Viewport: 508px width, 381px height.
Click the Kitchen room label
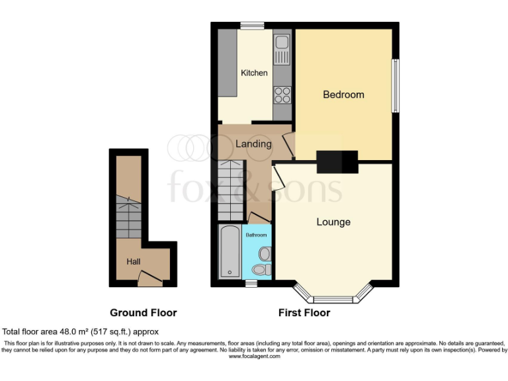(x=254, y=73)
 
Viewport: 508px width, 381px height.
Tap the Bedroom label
(x=343, y=95)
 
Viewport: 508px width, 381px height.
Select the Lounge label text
(x=333, y=222)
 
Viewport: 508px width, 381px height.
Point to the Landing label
(x=253, y=144)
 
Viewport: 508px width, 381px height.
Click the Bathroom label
(x=257, y=235)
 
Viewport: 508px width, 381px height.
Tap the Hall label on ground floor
(x=134, y=262)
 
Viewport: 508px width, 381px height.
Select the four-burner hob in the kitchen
(x=282, y=95)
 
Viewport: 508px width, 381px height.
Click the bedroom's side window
(x=396, y=86)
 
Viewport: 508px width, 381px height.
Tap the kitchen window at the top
(x=252, y=26)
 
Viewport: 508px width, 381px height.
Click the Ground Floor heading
(x=143, y=313)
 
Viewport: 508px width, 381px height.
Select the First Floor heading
(x=305, y=313)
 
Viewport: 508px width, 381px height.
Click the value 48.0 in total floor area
(x=70, y=331)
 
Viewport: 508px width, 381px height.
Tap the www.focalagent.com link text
(x=255, y=357)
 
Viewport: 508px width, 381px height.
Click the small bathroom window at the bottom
(x=250, y=284)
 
